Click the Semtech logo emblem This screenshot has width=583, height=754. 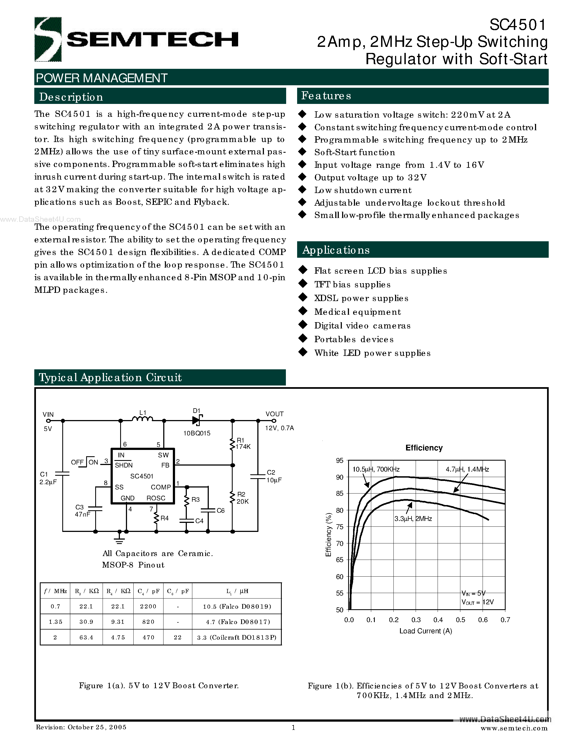point(48,39)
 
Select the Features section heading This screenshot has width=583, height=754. point(326,96)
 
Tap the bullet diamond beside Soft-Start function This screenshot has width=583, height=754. point(303,152)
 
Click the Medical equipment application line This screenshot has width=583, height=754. point(357,312)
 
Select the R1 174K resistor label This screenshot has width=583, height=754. point(243,443)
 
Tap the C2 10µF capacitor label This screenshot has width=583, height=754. point(274,476)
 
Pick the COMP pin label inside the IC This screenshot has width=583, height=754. point(160,487)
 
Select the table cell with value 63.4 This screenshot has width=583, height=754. point(86,637)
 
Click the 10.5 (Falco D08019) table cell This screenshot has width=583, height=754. point(237,606)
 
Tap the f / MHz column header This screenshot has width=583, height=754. point(55,591)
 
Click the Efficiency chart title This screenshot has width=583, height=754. point(424,448)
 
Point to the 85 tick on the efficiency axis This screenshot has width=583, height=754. point(340,493)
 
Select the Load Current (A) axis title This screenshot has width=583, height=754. point(426,631)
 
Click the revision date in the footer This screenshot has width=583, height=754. point(81,727)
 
